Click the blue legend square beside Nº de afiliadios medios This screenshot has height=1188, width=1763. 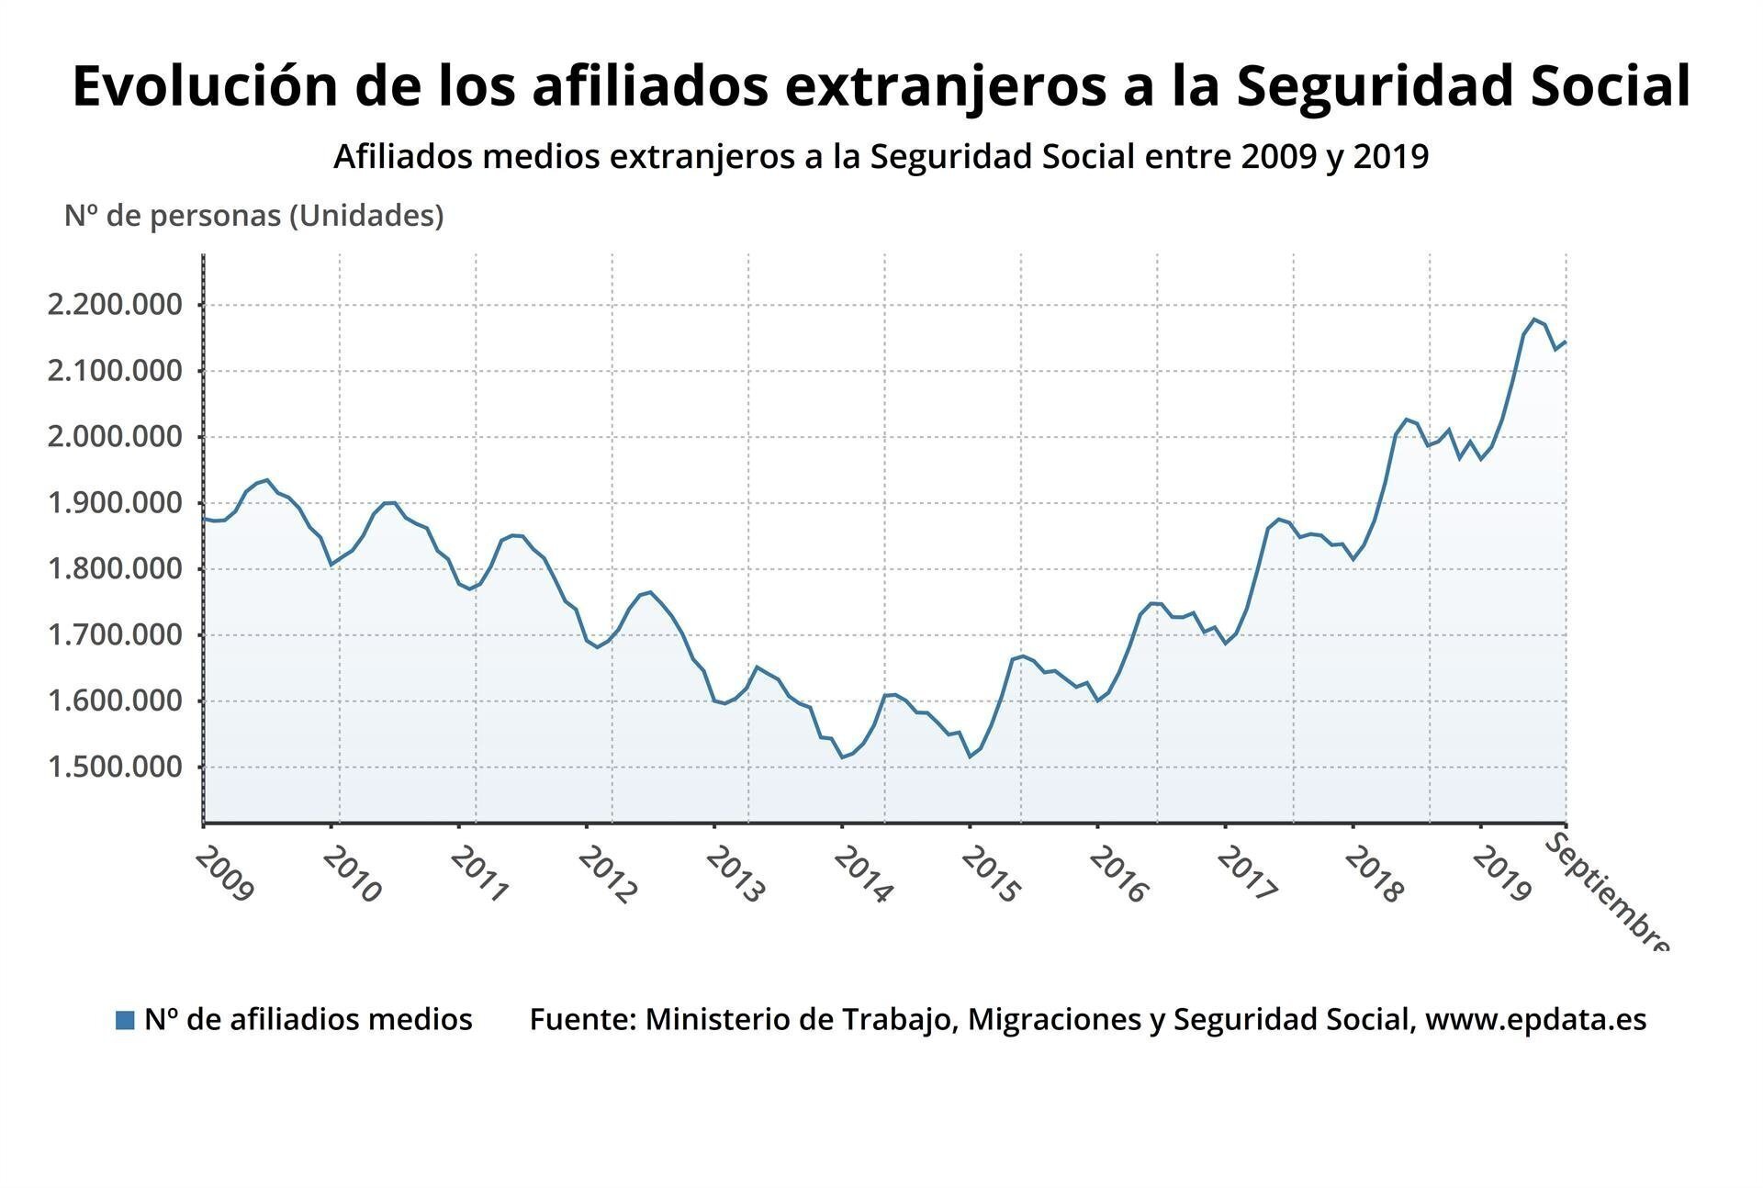click(x=125, y=1020)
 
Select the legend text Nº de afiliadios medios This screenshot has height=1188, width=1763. click(x=308, y=1019)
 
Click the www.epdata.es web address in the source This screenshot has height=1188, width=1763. click(x=1535, y=1019)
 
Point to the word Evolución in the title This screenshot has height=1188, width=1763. click(x=203, y=86)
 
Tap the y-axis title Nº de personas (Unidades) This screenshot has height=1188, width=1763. click(x=253, y=216)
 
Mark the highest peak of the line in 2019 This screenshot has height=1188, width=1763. click(x=1534, y=319)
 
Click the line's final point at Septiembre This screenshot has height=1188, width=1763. click(x=1566, y=342)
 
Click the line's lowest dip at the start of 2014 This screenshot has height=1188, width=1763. click(x=842, y=757)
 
